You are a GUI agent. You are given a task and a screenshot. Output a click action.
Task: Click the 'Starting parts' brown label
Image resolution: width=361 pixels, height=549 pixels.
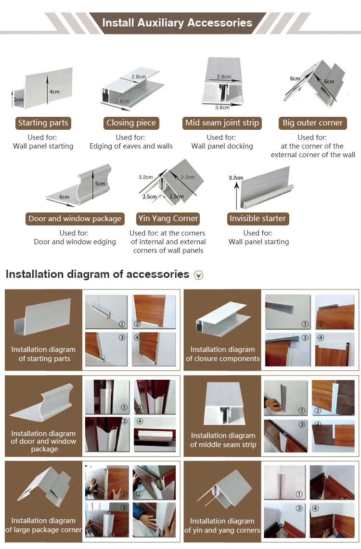(43, 123)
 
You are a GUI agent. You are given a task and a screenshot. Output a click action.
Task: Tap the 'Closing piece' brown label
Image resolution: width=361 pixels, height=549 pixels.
(131, 123)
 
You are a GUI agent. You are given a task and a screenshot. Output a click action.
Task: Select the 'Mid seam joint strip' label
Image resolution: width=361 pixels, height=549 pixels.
(222, 123)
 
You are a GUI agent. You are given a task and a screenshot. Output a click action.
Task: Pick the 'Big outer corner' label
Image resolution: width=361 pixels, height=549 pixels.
(312, 123)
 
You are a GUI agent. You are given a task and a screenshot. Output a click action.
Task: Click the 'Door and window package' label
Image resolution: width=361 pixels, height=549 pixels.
(75, 219)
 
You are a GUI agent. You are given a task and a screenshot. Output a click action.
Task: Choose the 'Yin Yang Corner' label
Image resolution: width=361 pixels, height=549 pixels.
(168, 219)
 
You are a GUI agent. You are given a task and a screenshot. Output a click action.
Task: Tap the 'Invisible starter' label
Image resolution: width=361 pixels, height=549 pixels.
(258, 219)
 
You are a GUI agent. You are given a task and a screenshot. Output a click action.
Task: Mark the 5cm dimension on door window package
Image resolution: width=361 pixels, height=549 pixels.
(100, 184)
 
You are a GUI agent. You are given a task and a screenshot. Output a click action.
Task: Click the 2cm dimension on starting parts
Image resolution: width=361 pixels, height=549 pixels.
(18, 100)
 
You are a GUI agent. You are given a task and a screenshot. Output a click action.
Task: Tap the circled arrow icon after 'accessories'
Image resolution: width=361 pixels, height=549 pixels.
(198, 275)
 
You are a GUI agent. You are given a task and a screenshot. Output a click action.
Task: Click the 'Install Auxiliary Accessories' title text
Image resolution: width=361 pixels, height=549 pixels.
(177, 23)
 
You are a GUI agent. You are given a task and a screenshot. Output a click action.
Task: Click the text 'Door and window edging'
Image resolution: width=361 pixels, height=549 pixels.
(75, 242)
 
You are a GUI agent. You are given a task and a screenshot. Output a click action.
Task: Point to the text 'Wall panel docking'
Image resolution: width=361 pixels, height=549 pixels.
(222, 146)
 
